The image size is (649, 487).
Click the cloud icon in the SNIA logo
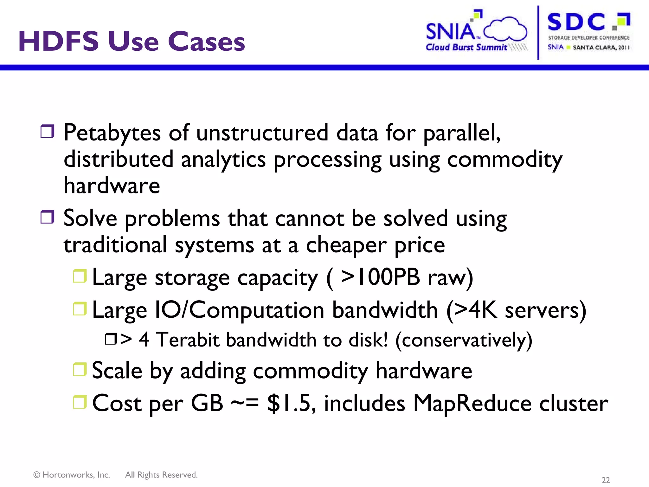pyautogui.click(x=505, y=29)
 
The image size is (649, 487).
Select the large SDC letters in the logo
pyautogui.click(x=576, y=22)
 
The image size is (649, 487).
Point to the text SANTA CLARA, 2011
pyautogui.click(x=601, y=48)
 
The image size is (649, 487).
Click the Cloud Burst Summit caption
pyautogui.click(x=466, y=47)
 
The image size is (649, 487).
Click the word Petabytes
pyautogui.click(x=112, y=133)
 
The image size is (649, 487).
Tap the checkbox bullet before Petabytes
pyautogui.click(x=48, y=131)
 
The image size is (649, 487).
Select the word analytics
pyautogui.click(x=223, y=159)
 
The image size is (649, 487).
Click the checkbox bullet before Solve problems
pyautogui.click(x=48, y=217)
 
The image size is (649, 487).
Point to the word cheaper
pyautogui.click(x=346, y=245)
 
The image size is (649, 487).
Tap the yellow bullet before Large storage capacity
pyautogui.click(x=80, y=276)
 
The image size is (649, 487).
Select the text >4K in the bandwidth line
pyautogui.click(x=475, y=310)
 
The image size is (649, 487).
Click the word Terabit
pyautogui.click(x=188, y=340)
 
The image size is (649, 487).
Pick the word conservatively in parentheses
pyautogui.click(x=464, y=340)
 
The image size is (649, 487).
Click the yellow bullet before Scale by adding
pyautogui.click(x=80, y=369)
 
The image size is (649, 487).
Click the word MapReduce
pyautogui.click(x=472, y=403)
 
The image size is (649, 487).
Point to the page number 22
pyautogui.click(x=606, y=480)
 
